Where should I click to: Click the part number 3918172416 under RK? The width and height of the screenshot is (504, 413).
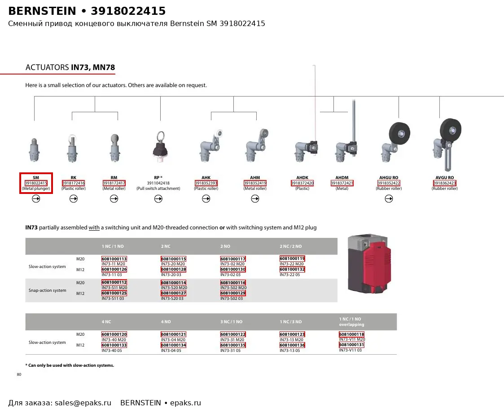(73, 183)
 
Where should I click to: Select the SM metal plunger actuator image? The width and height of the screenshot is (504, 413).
(35, 150)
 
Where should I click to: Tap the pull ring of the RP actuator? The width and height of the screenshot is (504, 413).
(160, 136)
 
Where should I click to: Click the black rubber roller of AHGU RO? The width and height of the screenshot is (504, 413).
(399, 133)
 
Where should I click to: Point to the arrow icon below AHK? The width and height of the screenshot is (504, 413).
(206, 199)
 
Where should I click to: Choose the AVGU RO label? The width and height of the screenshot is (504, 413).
(445, 177)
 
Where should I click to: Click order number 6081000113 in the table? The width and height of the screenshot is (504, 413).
(114, 259)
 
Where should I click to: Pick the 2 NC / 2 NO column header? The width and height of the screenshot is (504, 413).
(290, 246)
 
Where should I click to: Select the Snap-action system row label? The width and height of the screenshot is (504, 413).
(47, 290)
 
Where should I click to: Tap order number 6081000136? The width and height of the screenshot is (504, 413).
(292, 345)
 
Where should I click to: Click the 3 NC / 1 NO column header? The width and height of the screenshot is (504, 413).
(232, 321)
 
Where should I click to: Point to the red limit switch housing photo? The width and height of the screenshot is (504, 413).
(369, 264)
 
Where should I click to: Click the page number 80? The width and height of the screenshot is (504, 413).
(19, 374)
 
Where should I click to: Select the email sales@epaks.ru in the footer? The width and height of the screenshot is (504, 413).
(83, 403)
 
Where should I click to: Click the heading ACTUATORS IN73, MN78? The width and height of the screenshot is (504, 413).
(70, 67)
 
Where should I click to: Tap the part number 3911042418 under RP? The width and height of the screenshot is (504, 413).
(158, 183)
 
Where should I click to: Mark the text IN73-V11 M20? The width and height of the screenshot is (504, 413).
(352, 339)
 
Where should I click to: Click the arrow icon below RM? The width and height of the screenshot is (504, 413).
(114, 199)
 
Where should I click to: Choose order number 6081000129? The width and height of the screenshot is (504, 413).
(233, 293)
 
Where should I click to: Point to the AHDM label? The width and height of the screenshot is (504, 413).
(342, 177)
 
